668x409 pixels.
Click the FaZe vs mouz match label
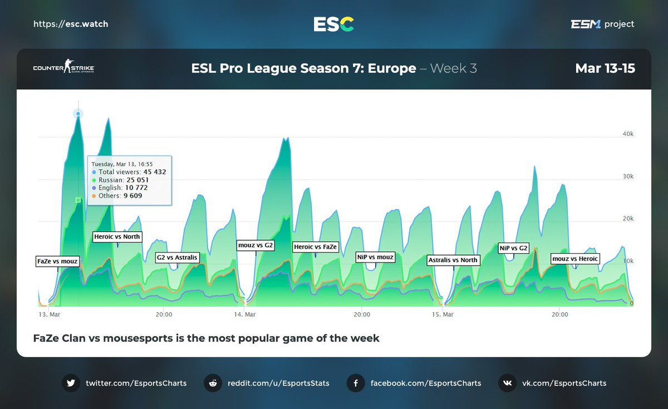point(58,261)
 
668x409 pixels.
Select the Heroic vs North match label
point(117,237)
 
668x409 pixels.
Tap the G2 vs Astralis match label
point(176,258)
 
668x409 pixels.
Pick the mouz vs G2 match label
point(256,245)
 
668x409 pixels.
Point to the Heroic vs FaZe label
point(315,247)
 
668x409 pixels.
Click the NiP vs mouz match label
point(375,257)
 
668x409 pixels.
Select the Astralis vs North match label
point(453,260)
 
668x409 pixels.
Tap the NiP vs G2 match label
point(513,248)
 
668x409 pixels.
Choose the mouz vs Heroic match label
point(575,259)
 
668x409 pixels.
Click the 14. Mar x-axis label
point(245,315)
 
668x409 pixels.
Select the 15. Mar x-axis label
point(444,315)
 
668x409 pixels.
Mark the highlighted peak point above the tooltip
point(78,114)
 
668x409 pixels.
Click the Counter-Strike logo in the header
point(64,68)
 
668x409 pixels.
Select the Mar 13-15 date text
point(605,68)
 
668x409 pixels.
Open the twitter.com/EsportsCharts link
point(136,383)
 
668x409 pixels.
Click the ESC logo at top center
point(333,24)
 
